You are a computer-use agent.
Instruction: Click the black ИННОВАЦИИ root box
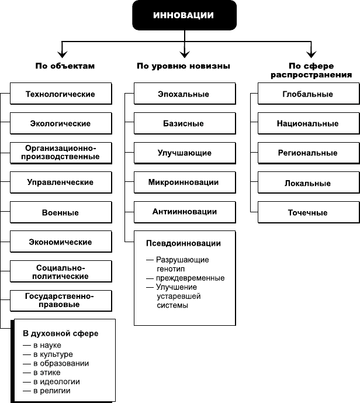[184, 15]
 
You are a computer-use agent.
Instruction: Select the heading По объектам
[65, 66]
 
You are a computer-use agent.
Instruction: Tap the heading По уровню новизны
[184, 66]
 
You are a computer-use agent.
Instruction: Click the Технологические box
[61, 94]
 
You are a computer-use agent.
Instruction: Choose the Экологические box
[61, 123]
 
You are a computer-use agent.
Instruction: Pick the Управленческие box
[61, 182]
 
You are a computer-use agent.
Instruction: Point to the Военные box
[61, 212]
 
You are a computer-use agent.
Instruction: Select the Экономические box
[61, 242]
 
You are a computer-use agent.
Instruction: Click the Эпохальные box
[185, 94]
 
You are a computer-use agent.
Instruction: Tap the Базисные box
[185, 123]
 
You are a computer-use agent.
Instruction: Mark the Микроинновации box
[185, 182]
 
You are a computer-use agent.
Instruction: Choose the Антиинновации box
[185, 212]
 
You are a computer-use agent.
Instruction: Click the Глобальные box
[309, 94]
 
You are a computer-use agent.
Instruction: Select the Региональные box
[309, 153]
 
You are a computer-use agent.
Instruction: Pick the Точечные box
[309, 212]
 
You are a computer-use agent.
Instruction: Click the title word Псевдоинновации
[184, 243]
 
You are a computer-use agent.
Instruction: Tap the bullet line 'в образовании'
[56, 363]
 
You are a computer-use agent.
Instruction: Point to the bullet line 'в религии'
[47, 391]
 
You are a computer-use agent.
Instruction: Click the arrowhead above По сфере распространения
[311, 54]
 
